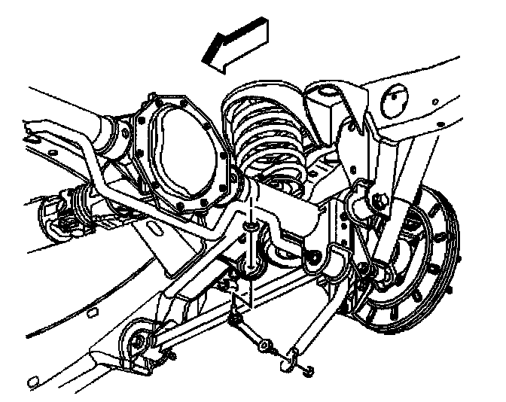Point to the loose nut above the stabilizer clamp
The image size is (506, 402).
pos(248,226)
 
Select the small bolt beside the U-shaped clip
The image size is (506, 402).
pos(309,370)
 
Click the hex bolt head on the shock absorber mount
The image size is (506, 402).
pos(379,200)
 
